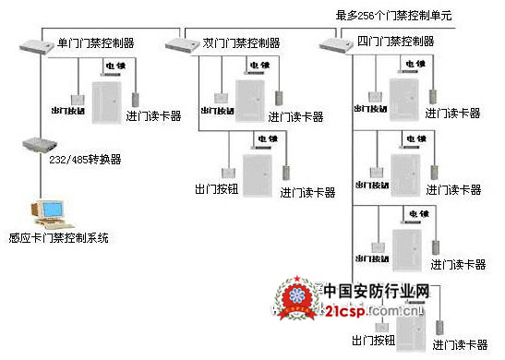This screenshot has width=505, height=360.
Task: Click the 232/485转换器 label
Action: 83,159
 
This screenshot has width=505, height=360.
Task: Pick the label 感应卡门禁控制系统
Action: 58,237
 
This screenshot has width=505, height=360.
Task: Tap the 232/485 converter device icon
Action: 35,146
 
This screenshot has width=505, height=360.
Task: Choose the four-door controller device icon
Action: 332,43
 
